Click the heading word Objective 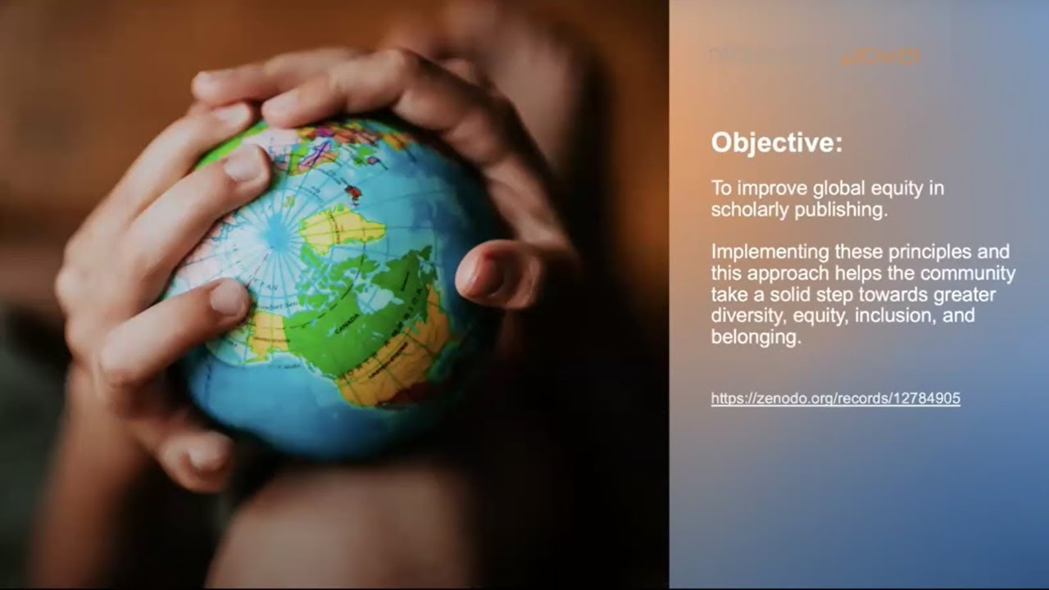coord(774,143)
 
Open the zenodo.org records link coord(835,399)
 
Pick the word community coord(968,273)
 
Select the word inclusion coord(892,315)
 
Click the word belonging coord(755,337)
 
